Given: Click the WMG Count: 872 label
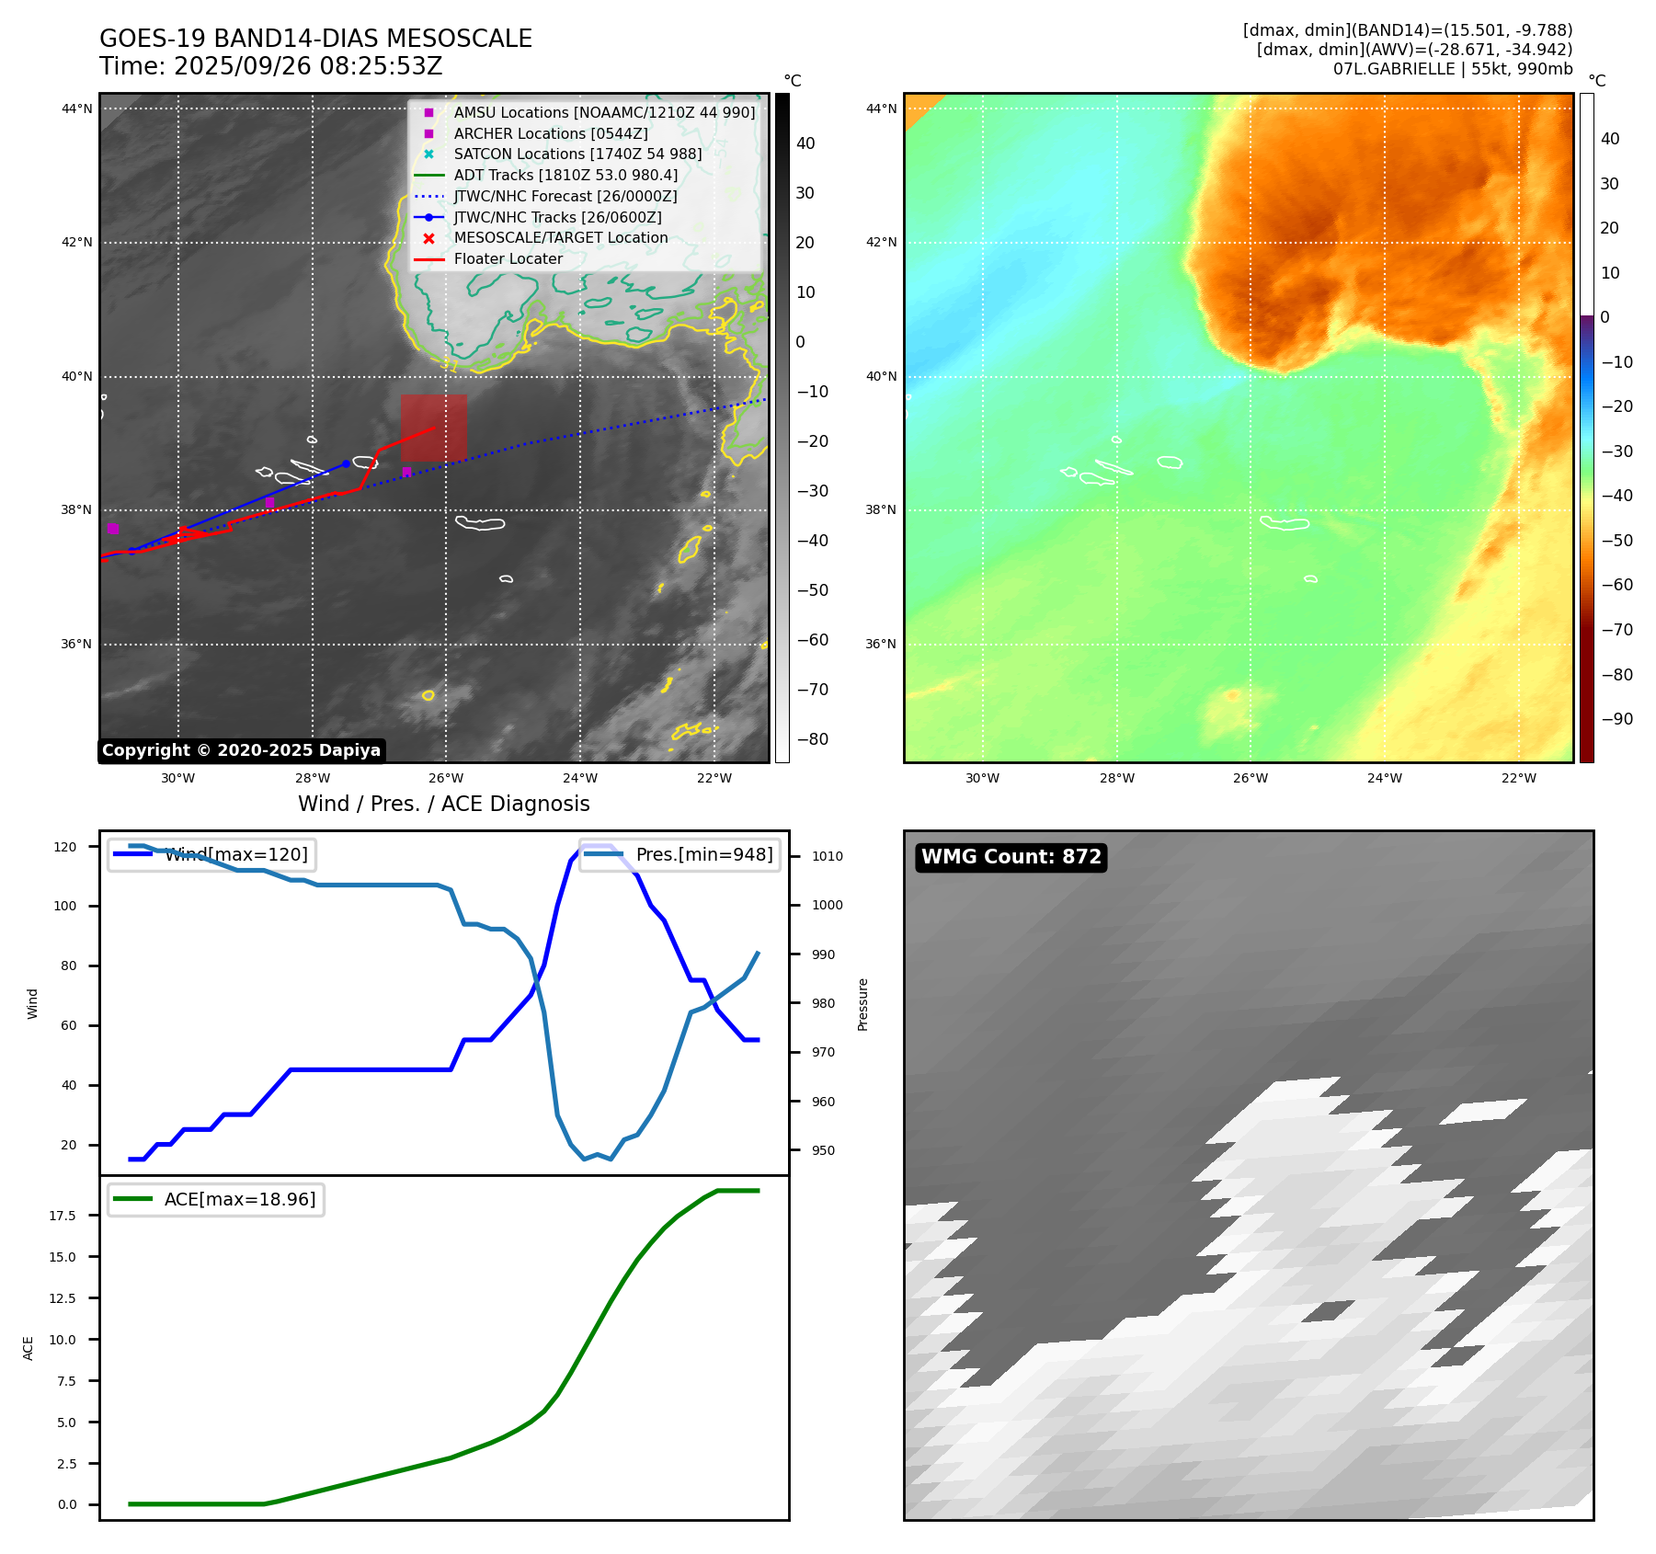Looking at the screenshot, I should [x=1011, y=857].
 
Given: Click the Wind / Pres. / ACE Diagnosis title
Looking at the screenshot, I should [x=443, y=804].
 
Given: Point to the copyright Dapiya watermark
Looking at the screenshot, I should [x=241, y=750].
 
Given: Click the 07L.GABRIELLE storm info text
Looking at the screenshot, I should [x=1453, y=69].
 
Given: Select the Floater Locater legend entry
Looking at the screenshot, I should [x=508, y=259].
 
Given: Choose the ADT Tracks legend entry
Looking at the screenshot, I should [x=565, y=175].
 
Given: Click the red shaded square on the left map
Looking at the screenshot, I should [x=433, y=428].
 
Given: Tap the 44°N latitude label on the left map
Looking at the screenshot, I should [x=77, y=109].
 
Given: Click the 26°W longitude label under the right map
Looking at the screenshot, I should [x=1251, y=778].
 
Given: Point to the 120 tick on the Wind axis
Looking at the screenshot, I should [x=65, y=847].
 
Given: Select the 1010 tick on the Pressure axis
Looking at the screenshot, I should [x=827, y=856].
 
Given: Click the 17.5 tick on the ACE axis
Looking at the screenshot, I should [x=63, y=1216].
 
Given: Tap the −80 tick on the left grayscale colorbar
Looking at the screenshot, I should [x=812, y=739].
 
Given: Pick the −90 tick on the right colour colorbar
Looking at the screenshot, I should [x=1616, y=719].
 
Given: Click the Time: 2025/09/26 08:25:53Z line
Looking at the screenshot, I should [x=271, y=66].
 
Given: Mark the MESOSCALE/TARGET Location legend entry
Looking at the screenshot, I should [x=560, y=238].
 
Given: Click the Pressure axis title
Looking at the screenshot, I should [x=862, y=1004].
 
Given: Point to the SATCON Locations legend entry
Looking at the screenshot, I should [x=577, y=154].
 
